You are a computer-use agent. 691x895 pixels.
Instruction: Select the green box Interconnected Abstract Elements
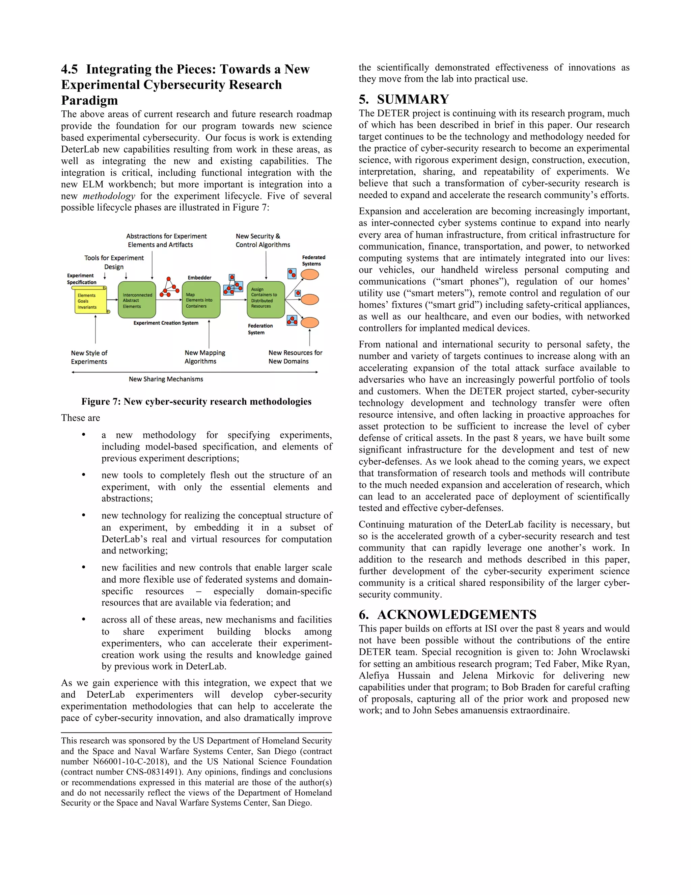point(137,300)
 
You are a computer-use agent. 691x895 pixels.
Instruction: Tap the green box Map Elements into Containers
point(201,300)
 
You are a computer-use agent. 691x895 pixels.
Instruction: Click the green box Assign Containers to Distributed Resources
point(266,300)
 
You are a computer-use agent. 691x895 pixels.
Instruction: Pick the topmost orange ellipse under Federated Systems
point(310,274)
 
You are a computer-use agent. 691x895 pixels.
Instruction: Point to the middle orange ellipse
point(310,299)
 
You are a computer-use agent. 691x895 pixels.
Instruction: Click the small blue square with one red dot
point(298,293)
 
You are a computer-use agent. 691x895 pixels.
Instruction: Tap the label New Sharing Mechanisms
point(166,379)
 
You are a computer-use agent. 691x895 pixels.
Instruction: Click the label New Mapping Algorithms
point(205,357)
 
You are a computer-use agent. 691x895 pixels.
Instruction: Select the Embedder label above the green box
point(199,277)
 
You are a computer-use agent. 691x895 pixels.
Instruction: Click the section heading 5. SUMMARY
point(404,99)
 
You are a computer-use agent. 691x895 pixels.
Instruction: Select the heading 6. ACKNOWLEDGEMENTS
point(447,614)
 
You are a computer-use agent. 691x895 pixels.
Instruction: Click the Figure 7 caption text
point(196,401)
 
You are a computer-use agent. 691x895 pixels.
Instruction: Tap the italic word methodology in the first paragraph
point(109,196)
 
